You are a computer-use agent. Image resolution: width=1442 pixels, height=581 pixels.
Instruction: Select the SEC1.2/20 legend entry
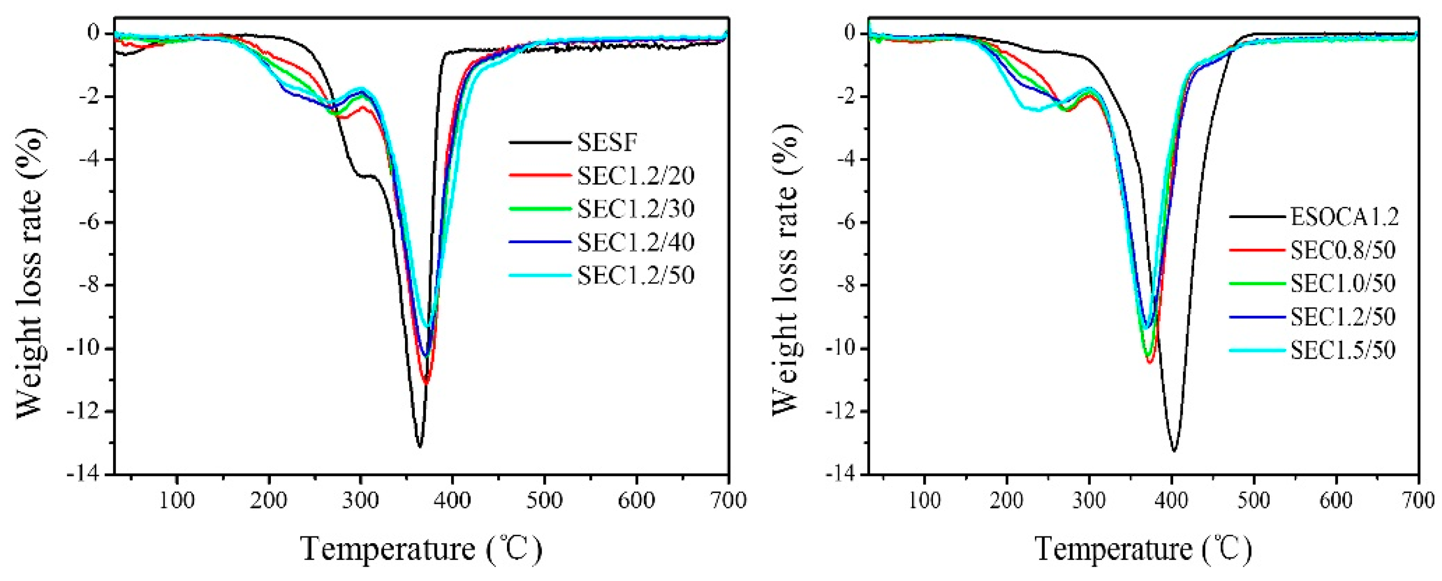(635, 176)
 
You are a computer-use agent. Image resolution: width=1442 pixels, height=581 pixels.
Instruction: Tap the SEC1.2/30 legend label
(635, 209)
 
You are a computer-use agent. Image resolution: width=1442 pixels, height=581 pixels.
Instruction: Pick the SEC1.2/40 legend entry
(635, 242)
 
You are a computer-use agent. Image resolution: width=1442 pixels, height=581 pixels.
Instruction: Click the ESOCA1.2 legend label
(1344, 217)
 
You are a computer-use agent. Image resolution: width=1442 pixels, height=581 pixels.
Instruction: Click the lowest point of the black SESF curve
(420, 446)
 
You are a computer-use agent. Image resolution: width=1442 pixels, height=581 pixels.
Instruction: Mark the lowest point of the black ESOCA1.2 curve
(1174, 450)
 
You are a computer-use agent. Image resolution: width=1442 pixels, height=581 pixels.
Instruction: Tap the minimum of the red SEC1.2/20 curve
(426, 383)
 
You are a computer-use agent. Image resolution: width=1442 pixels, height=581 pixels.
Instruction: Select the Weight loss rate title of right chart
(786, 269)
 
